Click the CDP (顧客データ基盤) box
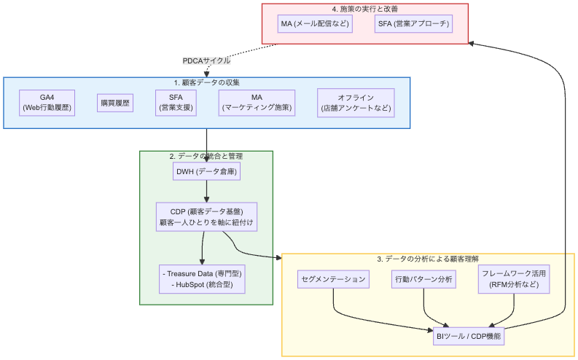tap(206, 216)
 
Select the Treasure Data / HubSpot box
tap(202, 279)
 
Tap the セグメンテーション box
tap(333, 279)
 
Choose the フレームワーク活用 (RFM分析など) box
tap(515, 279)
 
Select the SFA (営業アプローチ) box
tap(413, 24)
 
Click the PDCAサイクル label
tap(206, 60)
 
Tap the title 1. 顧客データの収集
tap(206, 82)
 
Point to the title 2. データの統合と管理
tap(206, 156)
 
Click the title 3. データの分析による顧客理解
tap(428, 259)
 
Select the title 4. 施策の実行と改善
tap(364, 9)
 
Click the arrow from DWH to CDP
tap(206, 191)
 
